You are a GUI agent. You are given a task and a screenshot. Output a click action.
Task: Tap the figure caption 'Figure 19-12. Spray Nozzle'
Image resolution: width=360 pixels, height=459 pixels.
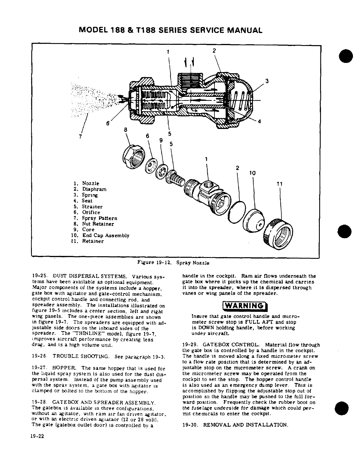173,263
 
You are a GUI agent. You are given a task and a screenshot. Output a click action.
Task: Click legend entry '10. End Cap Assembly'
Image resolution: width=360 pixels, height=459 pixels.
100,236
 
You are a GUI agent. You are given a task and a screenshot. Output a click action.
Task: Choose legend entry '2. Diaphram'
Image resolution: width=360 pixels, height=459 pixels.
90,189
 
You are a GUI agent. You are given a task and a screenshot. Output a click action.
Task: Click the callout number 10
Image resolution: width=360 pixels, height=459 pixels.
252,173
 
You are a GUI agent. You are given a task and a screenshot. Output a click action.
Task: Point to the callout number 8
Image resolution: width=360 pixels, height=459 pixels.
125,130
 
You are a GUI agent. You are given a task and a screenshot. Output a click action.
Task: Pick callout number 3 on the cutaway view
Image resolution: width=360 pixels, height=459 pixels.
267,81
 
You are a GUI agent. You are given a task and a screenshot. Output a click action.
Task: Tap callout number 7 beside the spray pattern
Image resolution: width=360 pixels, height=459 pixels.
80,136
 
